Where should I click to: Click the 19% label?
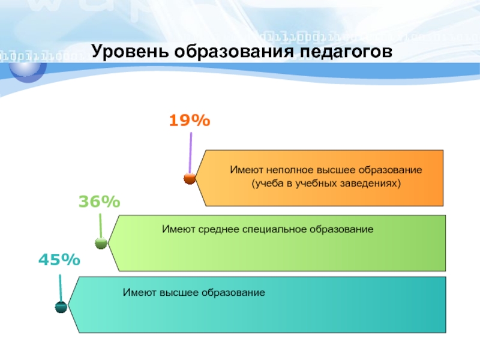tap(190, 120)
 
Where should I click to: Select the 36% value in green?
tap(100, 202)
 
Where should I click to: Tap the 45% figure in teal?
tap(59, 260)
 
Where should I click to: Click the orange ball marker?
tap(190, 178)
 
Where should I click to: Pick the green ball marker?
tap(101, 243)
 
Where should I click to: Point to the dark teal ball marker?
tap(61, 307)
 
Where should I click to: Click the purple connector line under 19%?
tap(190, 153)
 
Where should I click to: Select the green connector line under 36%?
tap(100, 226)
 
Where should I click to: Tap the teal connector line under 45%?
tap(61, 289)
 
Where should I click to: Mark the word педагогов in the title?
tap(346, 52)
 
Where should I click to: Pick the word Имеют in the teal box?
tap(139, 293)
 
